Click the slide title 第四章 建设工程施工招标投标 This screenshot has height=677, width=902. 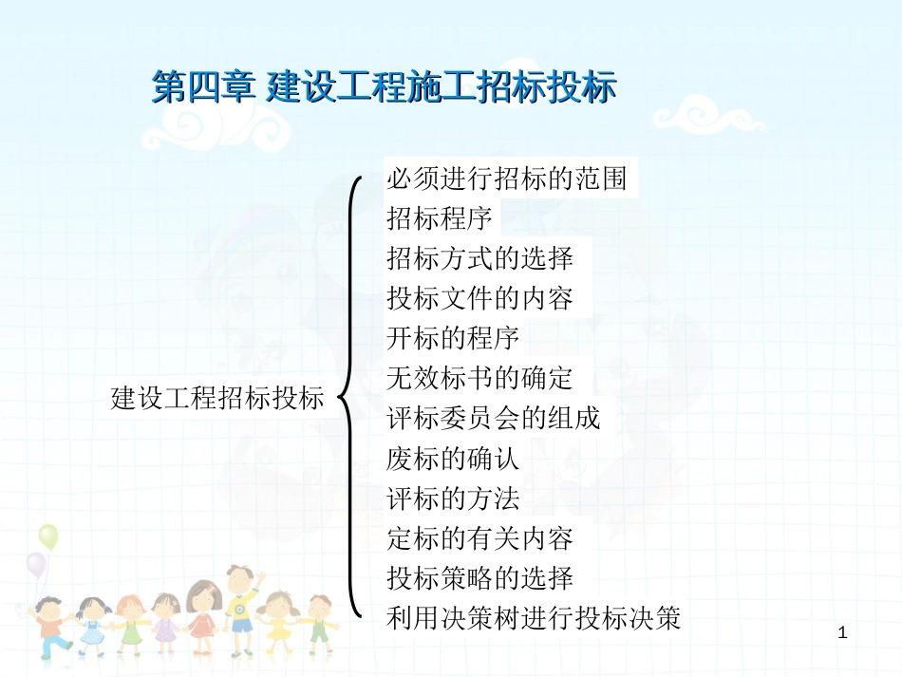[x=385, y=86]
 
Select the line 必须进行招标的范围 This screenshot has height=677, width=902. [x=507, y=179]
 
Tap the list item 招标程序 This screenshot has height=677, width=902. [x=440, y=218]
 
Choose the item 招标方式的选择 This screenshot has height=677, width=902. [x=480, y=258]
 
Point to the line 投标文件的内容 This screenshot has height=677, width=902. [x=480, y=298]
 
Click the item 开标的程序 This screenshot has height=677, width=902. [x=453, y=338]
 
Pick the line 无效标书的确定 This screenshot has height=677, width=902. [x=480, y=378]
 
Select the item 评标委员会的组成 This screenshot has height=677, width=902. [x=494, y=418]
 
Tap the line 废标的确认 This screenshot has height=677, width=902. [x=453, y=459]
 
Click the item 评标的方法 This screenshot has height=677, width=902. [x=453, y=498]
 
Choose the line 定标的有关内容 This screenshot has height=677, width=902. [x=480, y=538]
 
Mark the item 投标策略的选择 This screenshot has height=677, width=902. [x=480, y=578]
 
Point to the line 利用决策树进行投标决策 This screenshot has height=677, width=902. [x=534, y=618]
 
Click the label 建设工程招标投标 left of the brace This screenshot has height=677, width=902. [x=217, y=398]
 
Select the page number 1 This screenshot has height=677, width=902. [x=843, y=633]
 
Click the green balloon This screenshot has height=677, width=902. [x=48, y=537]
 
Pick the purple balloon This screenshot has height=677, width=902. [x=36, y=565]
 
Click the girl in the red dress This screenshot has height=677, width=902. [x=201, y=616]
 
